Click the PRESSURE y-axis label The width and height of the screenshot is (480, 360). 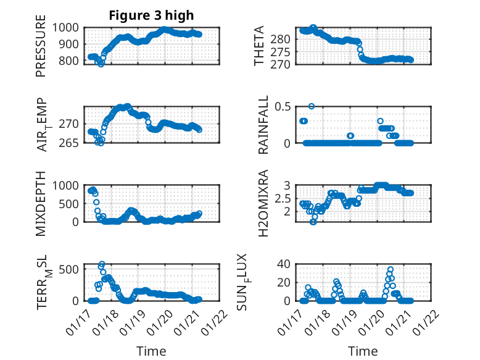point(41,50)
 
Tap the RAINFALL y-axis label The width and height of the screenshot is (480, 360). point(263,125)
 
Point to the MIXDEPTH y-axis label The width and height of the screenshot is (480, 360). point(41,203)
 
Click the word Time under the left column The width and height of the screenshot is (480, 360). point(151,351)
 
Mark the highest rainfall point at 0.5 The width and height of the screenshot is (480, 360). point(312,106)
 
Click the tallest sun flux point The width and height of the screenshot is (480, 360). point(391,270)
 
